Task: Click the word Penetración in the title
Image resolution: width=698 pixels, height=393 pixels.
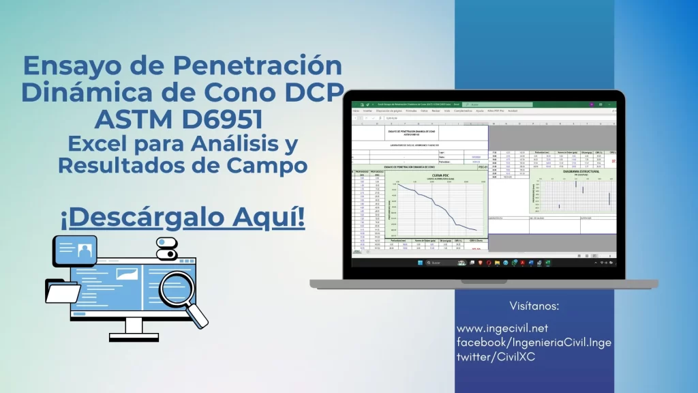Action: (258, 65)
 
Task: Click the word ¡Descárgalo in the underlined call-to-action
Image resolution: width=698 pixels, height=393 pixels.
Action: (127, 217)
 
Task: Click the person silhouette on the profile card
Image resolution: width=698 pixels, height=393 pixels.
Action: (85, 250)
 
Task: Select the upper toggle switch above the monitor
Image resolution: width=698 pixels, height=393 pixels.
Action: (166, 242)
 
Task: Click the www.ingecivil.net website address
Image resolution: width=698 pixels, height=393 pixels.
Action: (502, 329)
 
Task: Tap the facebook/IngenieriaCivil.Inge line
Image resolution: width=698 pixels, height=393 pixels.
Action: (524, 343)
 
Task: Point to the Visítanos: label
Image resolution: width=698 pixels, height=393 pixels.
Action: (534, 305)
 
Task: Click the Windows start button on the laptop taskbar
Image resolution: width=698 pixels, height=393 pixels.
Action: (421, 262)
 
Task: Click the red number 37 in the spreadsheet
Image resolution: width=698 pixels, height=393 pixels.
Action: (613, 161)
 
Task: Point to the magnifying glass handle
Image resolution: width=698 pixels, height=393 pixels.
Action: (199, 316)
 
